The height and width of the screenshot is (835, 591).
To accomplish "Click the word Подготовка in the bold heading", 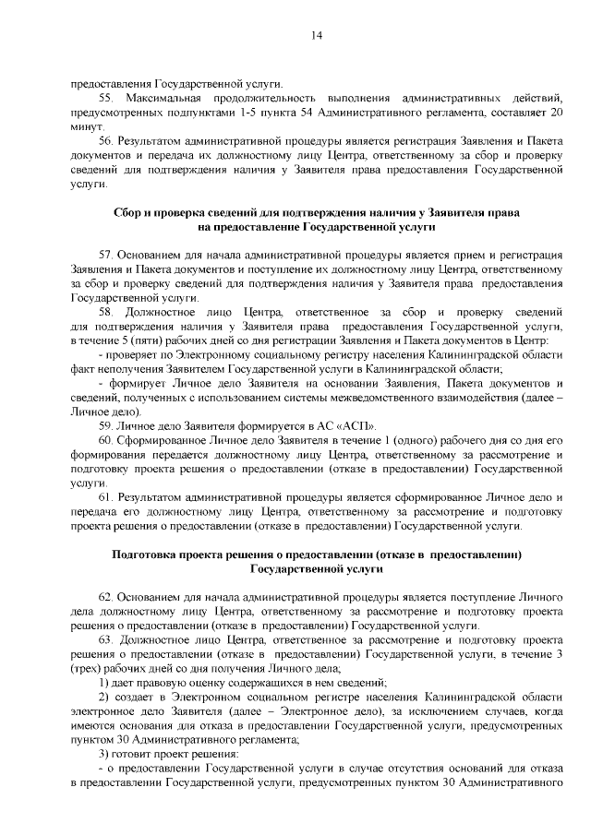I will pyautogui.click(x=148, y=555).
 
